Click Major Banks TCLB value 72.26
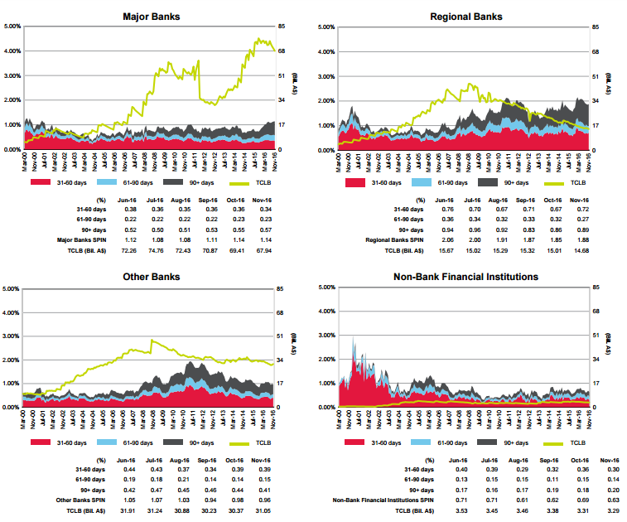pyautogui.click(x=128, y=249)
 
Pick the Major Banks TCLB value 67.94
pyautogui.click(x=264, y=249)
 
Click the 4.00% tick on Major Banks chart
pyautogui.click(x=12, y=51)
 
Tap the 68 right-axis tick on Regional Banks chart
pyautogui.click(x=595, y=51)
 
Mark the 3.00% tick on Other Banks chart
pyautogui.click(x=12, y=336)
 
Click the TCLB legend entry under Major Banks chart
pyautogui.click(x=259, y=181)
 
